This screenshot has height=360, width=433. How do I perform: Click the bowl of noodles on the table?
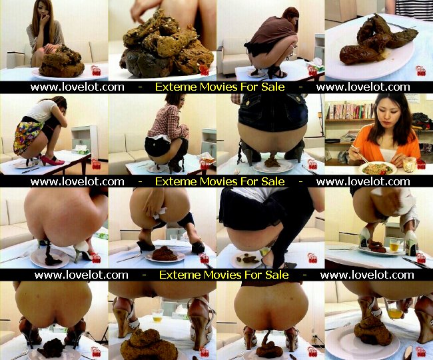pos(378,168)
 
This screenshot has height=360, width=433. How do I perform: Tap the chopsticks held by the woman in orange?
pos(360,155)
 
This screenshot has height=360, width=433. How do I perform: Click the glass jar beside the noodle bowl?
pos(410,165)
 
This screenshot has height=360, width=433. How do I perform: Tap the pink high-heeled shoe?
pos(51,160)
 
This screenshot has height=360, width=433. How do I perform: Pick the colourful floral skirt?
pos(27,135)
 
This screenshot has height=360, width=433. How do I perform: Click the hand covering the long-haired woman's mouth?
pos(44,21)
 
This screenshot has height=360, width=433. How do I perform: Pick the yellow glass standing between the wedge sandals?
pos(158,315)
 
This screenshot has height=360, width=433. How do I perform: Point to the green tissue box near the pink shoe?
pos(81,150)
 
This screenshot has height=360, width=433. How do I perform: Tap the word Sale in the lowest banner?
pos(277,275)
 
